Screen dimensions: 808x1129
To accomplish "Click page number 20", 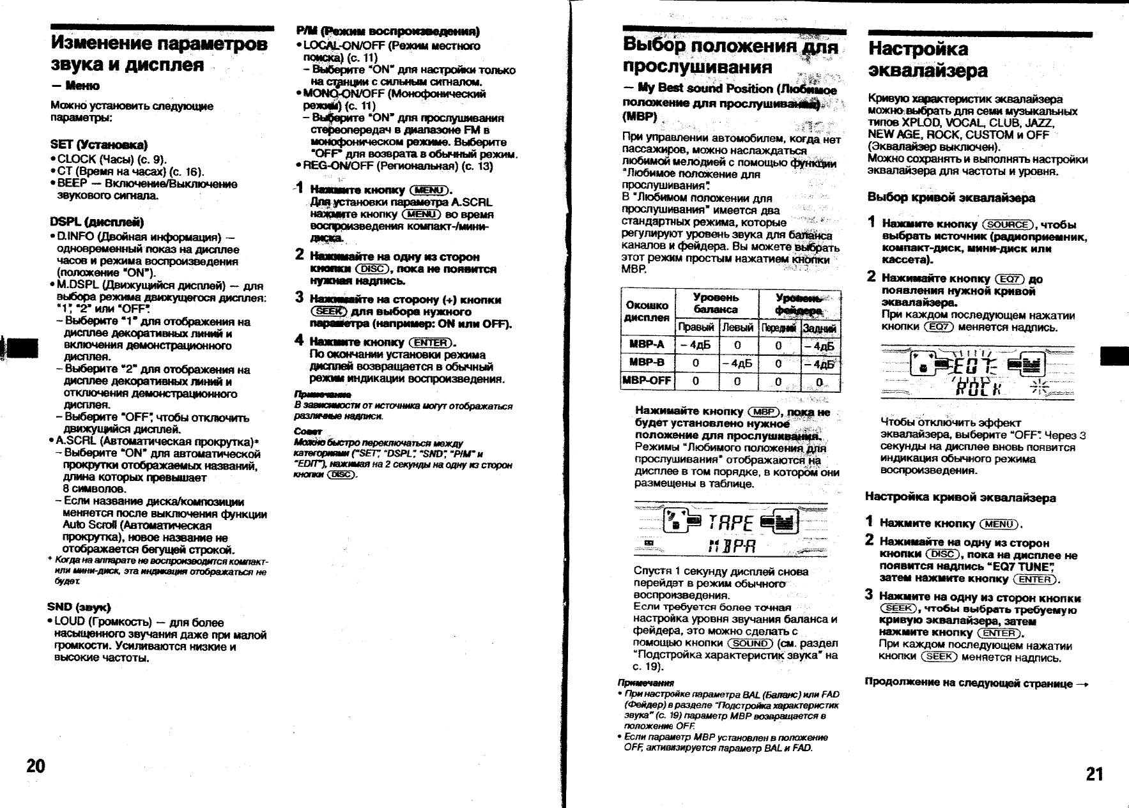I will [36, 765].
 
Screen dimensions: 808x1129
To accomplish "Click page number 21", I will [1094, 774].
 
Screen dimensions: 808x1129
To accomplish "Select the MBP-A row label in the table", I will [647, 345].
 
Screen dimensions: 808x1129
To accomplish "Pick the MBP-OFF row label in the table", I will [647, 381].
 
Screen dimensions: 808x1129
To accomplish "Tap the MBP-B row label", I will [647, 363].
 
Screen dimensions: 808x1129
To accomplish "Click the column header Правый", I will [696, 327].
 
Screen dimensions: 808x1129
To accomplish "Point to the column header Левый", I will [737, 327].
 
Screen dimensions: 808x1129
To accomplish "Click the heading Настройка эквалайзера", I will [928, 59].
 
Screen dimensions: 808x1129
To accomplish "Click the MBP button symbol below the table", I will [764, 412].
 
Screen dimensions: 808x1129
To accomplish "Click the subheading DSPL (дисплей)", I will [96, 222].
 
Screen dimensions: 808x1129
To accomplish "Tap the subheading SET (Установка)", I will [98, 145].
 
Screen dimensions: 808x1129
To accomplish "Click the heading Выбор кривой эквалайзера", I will [951, 197].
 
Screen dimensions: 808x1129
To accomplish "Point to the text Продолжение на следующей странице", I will [975, 683].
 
